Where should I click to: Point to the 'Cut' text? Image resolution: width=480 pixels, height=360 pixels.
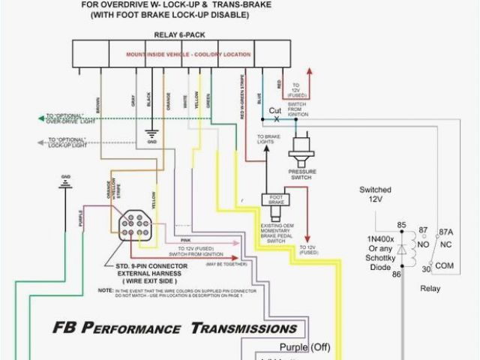(x=275, y=109)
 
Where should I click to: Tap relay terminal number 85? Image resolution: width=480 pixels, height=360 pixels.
(x=401, y=224)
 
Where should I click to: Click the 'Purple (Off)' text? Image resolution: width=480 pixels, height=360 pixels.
(x=304, y=346)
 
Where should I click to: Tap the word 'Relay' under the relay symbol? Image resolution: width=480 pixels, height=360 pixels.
(x=430, y=289)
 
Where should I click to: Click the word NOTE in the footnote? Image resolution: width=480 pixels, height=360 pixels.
(x=103, y=289)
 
